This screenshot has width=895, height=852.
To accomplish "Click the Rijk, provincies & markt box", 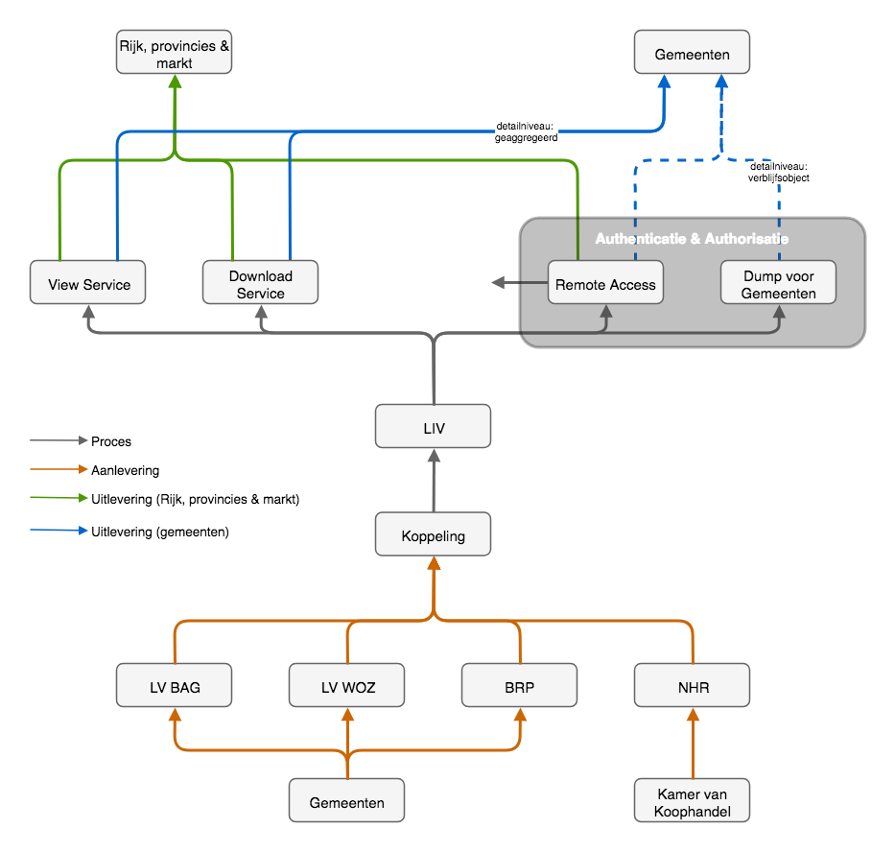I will [174, 54].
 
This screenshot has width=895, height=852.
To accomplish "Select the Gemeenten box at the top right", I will [692, 54].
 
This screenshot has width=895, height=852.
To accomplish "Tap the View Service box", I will [87, 284].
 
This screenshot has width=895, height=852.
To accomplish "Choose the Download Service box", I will [260, 284].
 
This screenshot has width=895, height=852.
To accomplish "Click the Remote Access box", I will [605, 284].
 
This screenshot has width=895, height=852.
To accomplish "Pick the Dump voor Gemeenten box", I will [778, 284].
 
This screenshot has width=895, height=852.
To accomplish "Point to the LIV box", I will [433, 427].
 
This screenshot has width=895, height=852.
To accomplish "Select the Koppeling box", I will [433, 534].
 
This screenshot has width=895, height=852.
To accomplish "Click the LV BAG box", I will [174, 687].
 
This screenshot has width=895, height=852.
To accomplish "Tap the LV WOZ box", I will [346, 687].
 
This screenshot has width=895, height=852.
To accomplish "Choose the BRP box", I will [519, 687].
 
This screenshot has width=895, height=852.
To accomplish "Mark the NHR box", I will [692, 687].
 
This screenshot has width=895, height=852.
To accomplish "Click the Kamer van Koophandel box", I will [692, 801].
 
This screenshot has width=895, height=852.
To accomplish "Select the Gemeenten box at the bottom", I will [346, 801].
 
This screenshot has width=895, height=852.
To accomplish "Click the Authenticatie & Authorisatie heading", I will [692, 238].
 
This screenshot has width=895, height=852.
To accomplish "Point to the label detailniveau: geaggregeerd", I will [527, 131].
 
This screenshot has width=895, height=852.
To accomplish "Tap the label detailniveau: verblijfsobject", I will [778, 172].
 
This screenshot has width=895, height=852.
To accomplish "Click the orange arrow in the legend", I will [59, 469].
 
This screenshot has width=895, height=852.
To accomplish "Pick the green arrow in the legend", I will [59, 498].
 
